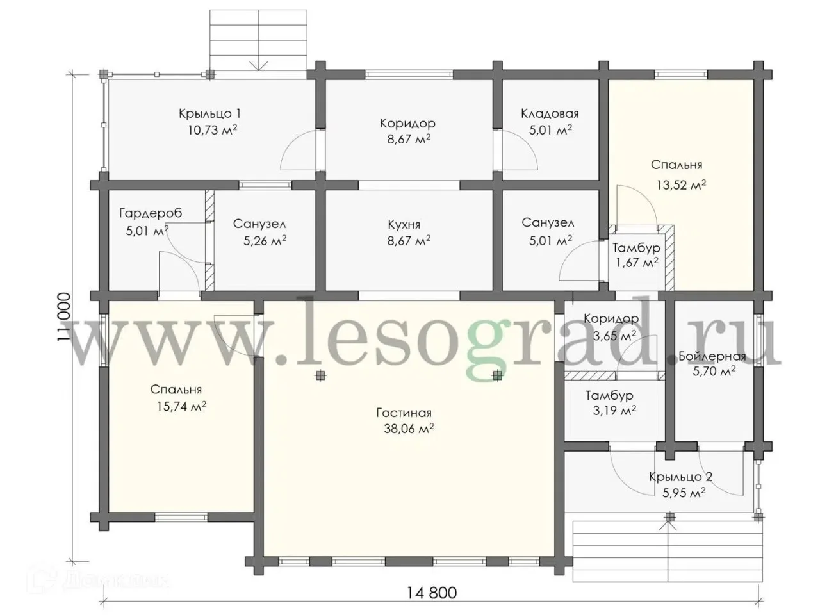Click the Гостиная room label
(404, 413)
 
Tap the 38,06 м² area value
(409, 429)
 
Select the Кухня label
(404, 225)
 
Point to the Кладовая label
(550, 114)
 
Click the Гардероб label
(151, 213)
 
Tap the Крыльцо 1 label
(209, 113)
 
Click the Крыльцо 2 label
(680, 477)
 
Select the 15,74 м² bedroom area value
(181, 406)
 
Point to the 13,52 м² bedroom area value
(682, 185)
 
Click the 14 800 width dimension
(431, 593)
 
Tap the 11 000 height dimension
(64, 316)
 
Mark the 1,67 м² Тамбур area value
(637, 263)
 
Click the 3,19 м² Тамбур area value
(614, 411)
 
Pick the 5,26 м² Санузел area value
(265, 240)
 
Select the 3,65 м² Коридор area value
(614, 336)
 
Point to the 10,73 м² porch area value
(213, 130)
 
